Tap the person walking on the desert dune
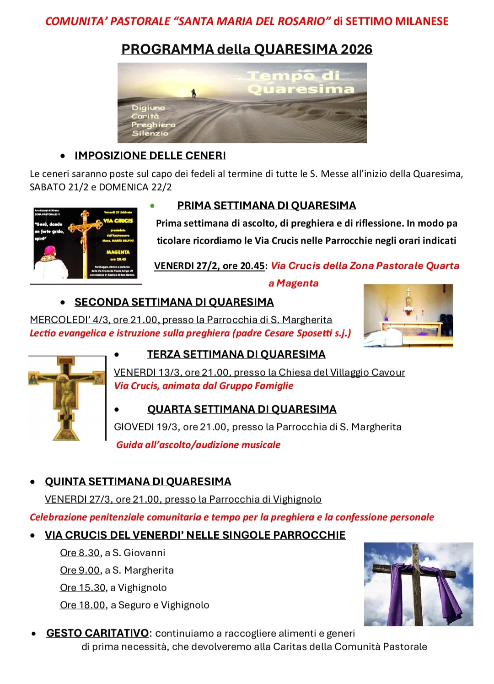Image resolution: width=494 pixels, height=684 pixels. (x=194, y=93)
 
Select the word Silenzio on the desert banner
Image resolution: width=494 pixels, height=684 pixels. (x=150, y=133)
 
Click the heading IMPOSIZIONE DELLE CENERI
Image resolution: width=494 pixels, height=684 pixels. (x=150, y=156)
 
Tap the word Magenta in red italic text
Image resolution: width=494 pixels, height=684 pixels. (x=297, y=283)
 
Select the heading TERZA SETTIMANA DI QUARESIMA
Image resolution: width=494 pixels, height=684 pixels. (x=236, y=354)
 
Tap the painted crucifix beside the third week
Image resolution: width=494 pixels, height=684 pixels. (x=66, y=397)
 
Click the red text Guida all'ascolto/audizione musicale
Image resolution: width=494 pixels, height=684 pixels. (x=198, y=445)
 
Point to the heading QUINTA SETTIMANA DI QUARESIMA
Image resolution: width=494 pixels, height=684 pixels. (x=138, y=482)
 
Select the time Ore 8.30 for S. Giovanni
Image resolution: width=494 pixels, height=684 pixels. (x=80, y=553)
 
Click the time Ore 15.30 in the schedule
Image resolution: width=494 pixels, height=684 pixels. (x=83, y=588)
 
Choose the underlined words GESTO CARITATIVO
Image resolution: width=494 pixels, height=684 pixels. (x=97, y=633)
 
